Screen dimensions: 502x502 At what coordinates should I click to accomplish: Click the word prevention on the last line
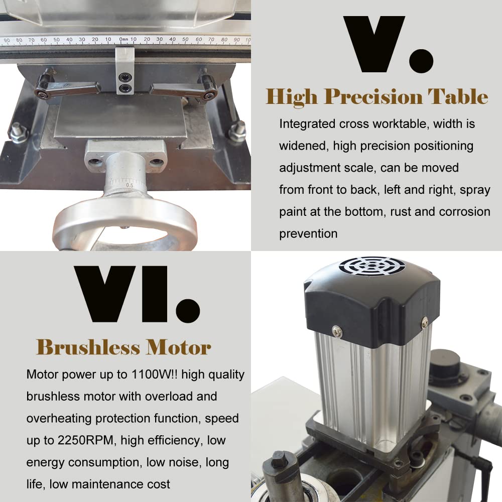[308, 233]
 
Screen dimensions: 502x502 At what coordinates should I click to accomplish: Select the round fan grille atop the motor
[371, 266]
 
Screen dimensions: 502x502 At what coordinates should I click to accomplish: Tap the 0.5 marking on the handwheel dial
[130, 185]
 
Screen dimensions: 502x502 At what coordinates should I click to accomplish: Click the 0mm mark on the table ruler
[123, 39]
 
